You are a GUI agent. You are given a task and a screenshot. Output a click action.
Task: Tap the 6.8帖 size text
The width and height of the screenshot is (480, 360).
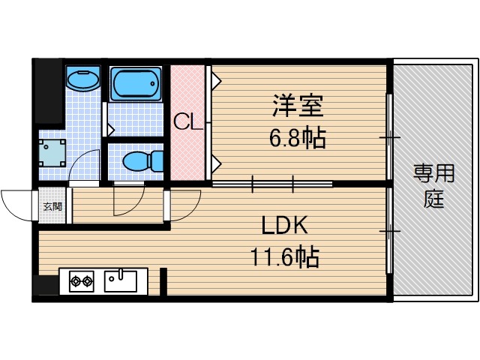(298, 138)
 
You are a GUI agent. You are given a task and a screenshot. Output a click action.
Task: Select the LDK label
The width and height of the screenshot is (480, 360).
(284, 226)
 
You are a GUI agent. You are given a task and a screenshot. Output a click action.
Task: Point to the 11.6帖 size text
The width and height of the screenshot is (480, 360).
(284, 258)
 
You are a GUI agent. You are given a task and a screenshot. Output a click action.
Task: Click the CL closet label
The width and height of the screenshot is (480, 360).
(188, 122)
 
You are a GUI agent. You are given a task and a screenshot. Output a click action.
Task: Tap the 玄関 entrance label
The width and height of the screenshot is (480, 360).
(52, 207)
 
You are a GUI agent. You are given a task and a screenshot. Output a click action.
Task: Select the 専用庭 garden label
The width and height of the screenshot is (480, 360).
(433, 187)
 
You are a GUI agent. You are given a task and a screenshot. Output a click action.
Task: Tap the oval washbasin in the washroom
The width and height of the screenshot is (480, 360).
(82, 78)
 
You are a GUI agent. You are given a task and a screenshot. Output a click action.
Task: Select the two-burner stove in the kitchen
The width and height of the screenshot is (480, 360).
(81, 282)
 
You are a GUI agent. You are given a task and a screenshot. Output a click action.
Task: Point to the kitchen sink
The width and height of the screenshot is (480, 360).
(121, 281)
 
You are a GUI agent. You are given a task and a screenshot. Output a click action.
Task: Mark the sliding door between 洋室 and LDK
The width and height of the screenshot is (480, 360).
(271, 182)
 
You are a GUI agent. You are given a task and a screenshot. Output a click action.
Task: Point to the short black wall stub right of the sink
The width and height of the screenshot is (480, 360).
(163, 282)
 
